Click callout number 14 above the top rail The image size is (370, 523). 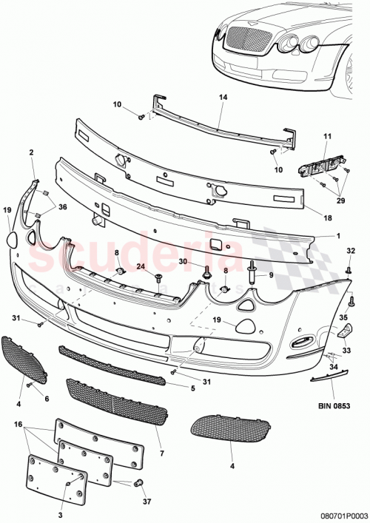223,97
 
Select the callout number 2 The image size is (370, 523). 32,152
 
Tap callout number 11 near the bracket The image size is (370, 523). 328,136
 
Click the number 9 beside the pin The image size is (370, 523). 271,275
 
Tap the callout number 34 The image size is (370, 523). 334,365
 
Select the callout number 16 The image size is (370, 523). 19,427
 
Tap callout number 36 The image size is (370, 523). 61,207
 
